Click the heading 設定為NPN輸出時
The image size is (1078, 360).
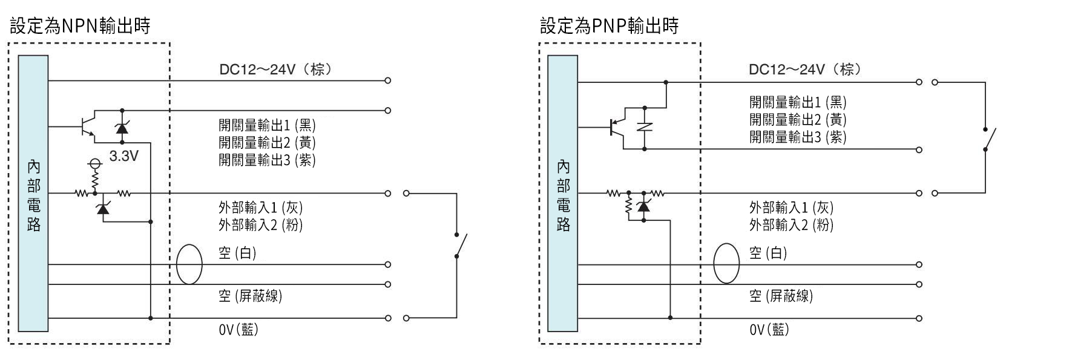click(80, 26)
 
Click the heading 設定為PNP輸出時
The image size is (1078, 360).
click(609, 26)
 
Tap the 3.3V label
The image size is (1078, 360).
click(123, 156)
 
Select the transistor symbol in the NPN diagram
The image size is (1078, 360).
click(88, 126)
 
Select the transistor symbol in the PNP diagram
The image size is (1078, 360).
click(617, 127)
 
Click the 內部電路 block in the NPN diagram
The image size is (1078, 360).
click(33, 194)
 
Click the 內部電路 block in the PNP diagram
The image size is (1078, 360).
click(563, 194)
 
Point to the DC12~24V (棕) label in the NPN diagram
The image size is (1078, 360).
click(275, 70)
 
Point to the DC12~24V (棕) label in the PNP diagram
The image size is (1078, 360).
click(804, 70)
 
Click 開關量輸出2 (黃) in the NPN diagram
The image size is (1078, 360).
click(267, 143)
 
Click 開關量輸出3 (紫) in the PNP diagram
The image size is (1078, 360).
click(798, 137)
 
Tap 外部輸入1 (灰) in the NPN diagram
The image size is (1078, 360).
click(260, 208)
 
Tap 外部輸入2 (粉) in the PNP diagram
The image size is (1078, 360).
click(791, 225)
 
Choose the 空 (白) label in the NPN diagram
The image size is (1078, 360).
click(237, 253)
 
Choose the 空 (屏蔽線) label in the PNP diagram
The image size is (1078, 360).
click(781, 296)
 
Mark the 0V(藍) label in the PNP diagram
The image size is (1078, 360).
click(769, 330)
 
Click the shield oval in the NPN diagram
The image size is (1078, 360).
click(189, 264)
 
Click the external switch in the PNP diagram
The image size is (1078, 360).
click(988, 139)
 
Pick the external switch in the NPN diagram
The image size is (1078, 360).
click(460, 245)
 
